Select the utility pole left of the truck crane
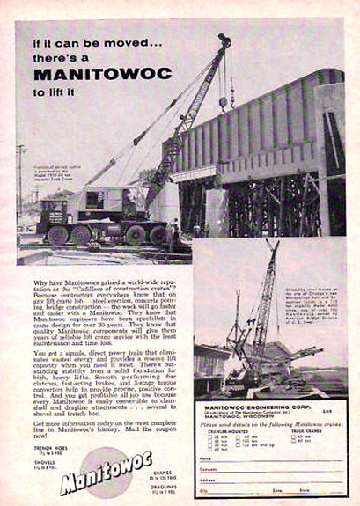(20, 185)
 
